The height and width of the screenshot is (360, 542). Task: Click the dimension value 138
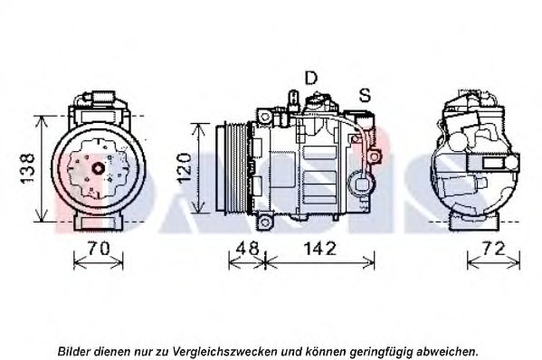[x=27, y=168]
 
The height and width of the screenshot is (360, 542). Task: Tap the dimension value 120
[x=184, y=168]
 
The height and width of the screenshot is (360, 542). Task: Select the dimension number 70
[x=98, y=248]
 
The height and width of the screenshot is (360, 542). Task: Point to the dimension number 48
[x=248, y=248]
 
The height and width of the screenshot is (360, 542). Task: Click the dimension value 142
[x=319, y=248]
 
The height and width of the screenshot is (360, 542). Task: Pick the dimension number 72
[x=494, y=248]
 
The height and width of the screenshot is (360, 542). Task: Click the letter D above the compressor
[x=310, y=78]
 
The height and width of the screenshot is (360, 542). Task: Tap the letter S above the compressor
[x=365, y=95]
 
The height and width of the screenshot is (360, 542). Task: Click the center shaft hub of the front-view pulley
[x=98, y=168]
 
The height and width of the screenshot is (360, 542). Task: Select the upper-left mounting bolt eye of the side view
[x=265, y=117]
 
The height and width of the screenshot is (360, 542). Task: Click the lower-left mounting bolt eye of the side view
[x=265, y=222]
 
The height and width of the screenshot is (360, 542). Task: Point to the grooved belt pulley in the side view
[x=231, y=168]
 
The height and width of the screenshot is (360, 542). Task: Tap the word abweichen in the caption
[x=447, y=352]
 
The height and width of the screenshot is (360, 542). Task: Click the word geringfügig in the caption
[x=381, y=352]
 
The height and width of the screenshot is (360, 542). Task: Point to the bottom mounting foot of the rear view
[x=474, y=222]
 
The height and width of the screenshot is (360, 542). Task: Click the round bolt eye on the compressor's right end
[x=374, y=156]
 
